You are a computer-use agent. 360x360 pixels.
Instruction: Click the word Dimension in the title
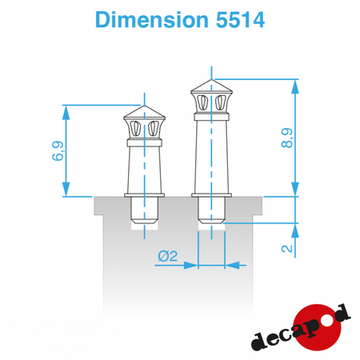152,20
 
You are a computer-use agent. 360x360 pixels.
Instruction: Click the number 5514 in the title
240,20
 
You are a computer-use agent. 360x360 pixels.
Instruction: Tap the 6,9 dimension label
58,151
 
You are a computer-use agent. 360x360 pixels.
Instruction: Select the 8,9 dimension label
287,138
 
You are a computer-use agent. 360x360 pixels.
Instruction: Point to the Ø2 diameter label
167,256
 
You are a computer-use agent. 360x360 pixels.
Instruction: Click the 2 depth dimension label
287,249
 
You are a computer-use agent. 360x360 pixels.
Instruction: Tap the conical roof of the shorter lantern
144,112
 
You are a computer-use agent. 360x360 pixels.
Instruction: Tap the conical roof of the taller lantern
211,86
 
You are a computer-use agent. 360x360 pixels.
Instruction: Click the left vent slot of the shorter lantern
136,129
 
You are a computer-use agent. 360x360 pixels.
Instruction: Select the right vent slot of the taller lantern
220,102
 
